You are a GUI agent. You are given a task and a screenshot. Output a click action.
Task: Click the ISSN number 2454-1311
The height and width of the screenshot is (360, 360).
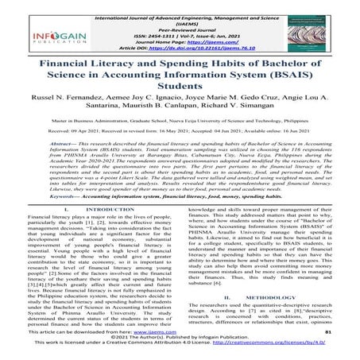[x=155, y=37]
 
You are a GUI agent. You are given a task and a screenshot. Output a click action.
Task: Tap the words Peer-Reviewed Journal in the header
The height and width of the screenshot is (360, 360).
[x=181, y=30]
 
